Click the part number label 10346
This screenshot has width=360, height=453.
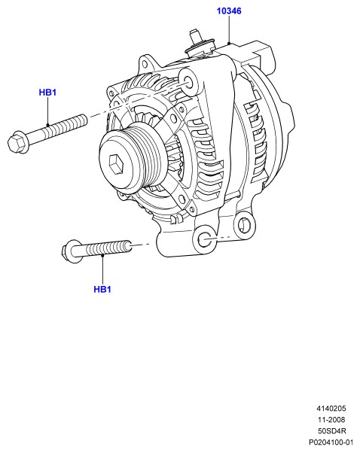[229, 11]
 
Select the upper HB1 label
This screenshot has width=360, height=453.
[47, 93]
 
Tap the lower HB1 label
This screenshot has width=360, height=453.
[102, 289]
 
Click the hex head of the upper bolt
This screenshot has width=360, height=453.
[17, 143]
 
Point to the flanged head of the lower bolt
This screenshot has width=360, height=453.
[71, 251]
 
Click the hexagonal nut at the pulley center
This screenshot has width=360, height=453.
[116, 164]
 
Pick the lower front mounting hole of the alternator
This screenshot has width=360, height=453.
[205, 239]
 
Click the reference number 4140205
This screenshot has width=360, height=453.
[331, 409]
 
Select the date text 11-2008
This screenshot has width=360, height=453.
[331, 419]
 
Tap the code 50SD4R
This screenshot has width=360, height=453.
[332, 430]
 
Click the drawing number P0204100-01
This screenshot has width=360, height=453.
[331, 442]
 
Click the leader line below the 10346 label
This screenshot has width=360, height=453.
[229, 30]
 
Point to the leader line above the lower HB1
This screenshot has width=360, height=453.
[102, 269]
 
